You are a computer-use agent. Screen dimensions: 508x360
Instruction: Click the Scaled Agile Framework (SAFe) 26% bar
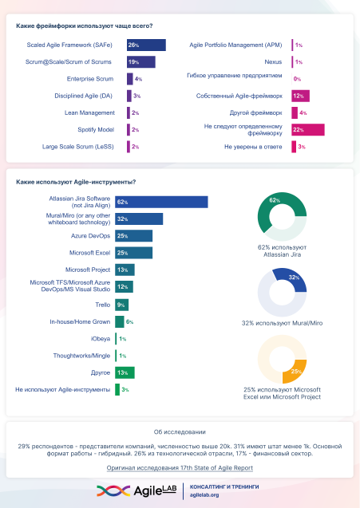pos(145,45)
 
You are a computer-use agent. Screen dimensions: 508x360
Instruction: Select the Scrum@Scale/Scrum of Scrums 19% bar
pos(140,62)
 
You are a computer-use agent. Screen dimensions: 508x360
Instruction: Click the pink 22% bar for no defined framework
pos(307,129)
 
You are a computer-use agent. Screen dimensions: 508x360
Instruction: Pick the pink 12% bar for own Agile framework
pos(300,96)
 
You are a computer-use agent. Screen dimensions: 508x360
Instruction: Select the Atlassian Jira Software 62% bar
pos(161,203)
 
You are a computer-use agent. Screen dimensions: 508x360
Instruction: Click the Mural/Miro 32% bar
pos(139,219)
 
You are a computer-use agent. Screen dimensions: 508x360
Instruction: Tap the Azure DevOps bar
pos(133,236)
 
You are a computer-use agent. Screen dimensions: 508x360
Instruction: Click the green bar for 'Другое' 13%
pos(125,372)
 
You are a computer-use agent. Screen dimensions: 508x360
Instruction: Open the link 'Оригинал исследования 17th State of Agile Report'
pos(180,468)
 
